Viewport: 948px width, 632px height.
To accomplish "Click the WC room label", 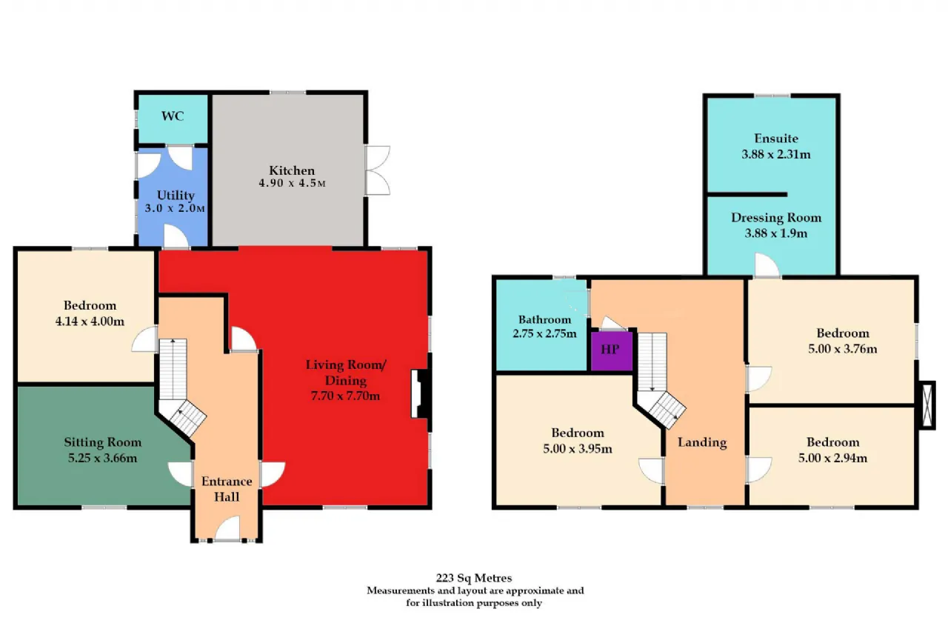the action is tap(173, 116).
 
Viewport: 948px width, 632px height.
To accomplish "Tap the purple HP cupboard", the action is tap(611, 351).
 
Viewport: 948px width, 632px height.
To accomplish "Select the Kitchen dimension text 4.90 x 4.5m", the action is tap(292, 183).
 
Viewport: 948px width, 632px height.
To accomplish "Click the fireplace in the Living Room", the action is tap(421, 393).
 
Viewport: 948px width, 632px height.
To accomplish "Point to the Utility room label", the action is tap(176, 195).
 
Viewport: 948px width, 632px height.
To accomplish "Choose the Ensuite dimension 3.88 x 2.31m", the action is tap(775, 154).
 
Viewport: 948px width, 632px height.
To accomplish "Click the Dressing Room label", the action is tap(776, 218).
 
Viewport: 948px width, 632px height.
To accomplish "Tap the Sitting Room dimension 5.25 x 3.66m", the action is tap(102, 458).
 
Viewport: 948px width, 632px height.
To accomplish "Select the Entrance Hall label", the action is tap(227, 489).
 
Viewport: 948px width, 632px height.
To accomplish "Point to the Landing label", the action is tap(702, 442).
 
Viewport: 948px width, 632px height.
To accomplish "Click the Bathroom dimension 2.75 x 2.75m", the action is tap(544, 333).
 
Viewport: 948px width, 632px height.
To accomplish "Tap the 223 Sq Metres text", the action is tap(474, 578).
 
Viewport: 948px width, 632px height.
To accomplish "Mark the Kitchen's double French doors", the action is tap(378, 170).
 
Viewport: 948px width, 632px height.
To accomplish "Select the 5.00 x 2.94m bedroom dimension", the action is tap(832, 458).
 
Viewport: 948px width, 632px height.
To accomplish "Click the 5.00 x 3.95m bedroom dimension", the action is tap(577, 449).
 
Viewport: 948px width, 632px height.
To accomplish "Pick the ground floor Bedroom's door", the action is tap(144, 339).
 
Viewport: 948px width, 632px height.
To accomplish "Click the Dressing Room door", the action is tap(767, 265).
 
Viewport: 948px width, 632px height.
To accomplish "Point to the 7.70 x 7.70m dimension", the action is tap(345, 396).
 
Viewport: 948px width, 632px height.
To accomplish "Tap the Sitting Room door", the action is tap(181, 474).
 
